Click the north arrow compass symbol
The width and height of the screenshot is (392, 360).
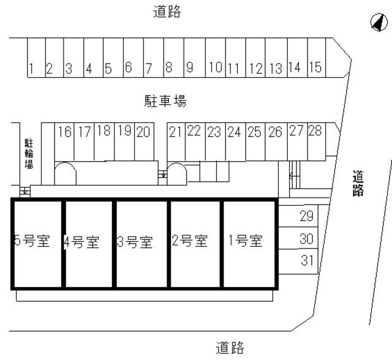click(379, 22)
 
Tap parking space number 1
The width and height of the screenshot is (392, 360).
click(36, 58)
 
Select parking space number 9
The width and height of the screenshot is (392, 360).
click(195, 58)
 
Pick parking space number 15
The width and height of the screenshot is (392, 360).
click(317, 58)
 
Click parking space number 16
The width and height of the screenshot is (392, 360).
click(64, 141)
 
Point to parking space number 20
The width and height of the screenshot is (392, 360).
click(145, 141)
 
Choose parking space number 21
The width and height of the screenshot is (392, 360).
click(176, 141)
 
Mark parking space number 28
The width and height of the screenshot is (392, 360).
click(317, 141)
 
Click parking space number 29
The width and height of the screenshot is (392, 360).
click(298, 216)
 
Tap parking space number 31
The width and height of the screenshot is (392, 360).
click(298, 261)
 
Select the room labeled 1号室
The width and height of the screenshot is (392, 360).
click(249, 244)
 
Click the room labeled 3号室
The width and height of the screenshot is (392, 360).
click(141, 244)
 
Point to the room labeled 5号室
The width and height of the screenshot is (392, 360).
click(37, 244)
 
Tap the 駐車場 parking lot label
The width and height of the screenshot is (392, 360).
click(165, 101)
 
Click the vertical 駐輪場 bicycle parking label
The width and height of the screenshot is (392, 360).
click(29, 154)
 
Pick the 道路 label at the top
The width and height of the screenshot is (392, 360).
click(167, 12)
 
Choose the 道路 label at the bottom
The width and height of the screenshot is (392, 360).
click(230, 348)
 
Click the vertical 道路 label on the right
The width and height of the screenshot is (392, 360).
click(358, 184)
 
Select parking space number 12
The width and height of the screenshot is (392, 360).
click(255, 58)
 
